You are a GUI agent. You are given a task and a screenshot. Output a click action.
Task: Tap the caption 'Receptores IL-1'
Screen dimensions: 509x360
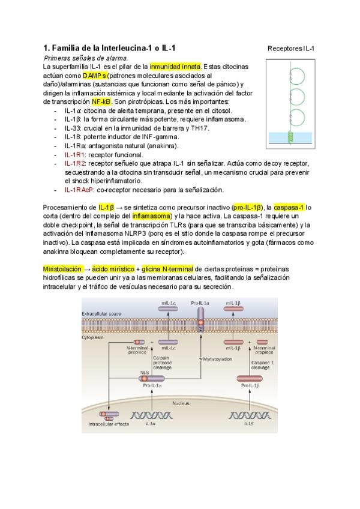pos(291,48)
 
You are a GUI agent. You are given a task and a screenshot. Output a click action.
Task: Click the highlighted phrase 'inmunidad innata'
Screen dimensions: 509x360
pos(175,67)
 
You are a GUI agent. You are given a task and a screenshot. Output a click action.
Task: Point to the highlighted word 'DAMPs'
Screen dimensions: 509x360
pos(95,76)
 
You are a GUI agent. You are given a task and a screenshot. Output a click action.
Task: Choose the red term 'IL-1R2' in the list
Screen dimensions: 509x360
pos(75,163)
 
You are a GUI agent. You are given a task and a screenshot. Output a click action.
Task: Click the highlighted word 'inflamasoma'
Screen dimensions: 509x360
pos(151,216)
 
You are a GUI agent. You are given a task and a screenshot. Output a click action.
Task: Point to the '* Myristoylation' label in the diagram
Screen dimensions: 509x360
pos(219,360)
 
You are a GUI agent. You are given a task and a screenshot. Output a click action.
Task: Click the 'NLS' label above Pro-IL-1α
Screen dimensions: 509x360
pos(144,373)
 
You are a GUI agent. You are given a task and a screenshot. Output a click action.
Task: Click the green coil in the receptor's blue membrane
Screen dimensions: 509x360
pos(293,137)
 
